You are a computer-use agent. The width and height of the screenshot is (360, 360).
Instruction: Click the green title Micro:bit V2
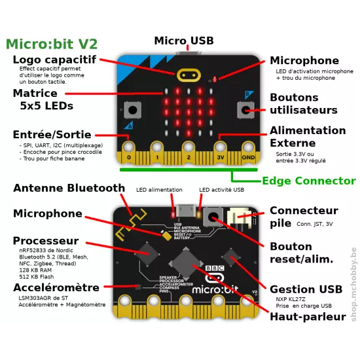(x=52, y=45)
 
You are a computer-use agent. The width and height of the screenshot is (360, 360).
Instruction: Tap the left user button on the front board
(x=133, y=110)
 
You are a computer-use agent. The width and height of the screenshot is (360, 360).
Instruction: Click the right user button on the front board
(x=246, y=110)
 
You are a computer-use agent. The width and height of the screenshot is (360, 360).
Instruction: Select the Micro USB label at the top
(x=183, y=41)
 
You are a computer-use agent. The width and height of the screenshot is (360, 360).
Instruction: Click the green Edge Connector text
(x=308, y=181)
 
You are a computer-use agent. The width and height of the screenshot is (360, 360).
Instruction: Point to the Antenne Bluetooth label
(x=69, y=189)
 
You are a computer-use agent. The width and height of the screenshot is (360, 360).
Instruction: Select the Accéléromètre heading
(x=56, y=288)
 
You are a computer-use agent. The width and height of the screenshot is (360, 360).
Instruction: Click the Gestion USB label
(x=306, y=289)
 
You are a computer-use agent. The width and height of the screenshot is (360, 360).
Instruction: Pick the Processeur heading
(x=46, y=241)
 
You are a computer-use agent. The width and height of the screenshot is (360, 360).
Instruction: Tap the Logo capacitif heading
(x=63, y=60)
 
